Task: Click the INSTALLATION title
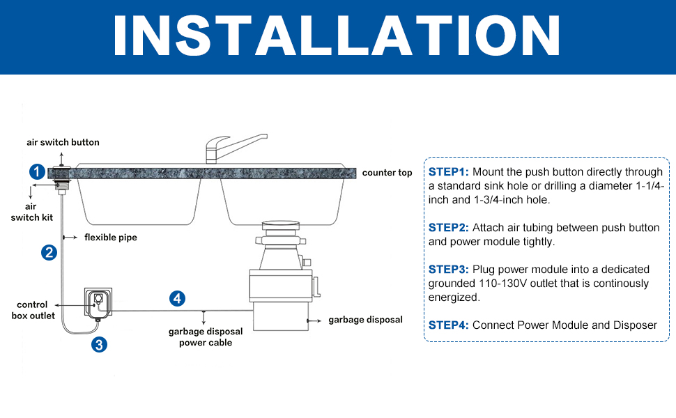[337, 36]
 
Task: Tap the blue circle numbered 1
[38, 171]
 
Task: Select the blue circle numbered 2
[49, 252]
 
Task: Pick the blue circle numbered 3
[100, 344]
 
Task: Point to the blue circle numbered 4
[178, 299]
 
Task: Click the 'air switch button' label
[63, 142]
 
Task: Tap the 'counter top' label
[387, 173]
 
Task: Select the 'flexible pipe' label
[111, 238]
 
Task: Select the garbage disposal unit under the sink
[280, 286]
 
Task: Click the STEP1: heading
[450, 172]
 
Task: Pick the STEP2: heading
[450, 228]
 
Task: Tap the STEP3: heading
[450, 270]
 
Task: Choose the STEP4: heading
[450, 325]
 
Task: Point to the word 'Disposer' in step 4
[633, 325]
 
